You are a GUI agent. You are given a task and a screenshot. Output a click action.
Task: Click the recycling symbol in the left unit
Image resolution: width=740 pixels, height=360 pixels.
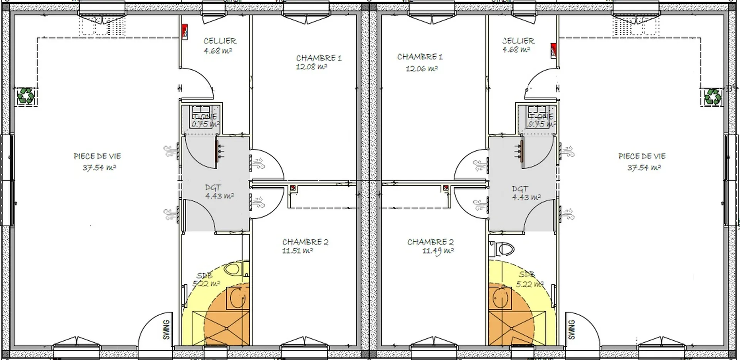(26, 96)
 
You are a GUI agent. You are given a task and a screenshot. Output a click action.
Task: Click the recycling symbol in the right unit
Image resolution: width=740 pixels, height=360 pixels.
(712, 97)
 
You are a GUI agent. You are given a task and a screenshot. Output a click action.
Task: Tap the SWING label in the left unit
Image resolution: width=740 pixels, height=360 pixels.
(166, 330)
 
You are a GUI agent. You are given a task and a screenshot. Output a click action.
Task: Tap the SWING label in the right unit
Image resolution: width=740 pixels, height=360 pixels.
(572, 330)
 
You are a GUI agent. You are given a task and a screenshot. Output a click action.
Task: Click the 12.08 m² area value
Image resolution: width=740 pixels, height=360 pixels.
(311, 67)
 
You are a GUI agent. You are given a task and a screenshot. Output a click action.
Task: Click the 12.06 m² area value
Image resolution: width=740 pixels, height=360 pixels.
(421, 69)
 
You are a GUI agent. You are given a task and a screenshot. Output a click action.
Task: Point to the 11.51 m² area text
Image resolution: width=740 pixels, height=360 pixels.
(297, 251)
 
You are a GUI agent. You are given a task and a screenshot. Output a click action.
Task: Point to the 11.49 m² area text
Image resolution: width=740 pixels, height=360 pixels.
(437, 251)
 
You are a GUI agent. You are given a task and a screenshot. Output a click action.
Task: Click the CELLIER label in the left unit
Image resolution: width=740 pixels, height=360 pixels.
(220, 41)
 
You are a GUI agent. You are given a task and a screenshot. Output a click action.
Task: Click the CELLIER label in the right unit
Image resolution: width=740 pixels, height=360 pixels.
(518, 40)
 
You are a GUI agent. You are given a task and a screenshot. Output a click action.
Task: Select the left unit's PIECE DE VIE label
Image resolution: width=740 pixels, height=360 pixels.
(97, 156)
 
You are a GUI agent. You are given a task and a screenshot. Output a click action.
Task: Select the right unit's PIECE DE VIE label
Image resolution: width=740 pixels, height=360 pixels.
(642, 156)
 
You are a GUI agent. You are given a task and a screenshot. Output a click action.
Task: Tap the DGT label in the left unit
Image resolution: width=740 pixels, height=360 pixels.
(213, 188)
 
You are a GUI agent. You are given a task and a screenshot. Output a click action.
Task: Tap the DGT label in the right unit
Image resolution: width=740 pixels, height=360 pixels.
(520, 189)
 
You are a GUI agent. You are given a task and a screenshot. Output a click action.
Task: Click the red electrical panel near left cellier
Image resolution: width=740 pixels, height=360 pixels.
(185, 32)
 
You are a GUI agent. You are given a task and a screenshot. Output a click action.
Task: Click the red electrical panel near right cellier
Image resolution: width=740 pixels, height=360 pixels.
(553, 50)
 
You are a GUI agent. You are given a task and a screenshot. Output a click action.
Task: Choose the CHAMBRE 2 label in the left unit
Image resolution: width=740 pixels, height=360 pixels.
(305, 242)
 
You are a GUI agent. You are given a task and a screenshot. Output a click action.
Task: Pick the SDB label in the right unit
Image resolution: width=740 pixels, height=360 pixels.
(526, 274)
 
